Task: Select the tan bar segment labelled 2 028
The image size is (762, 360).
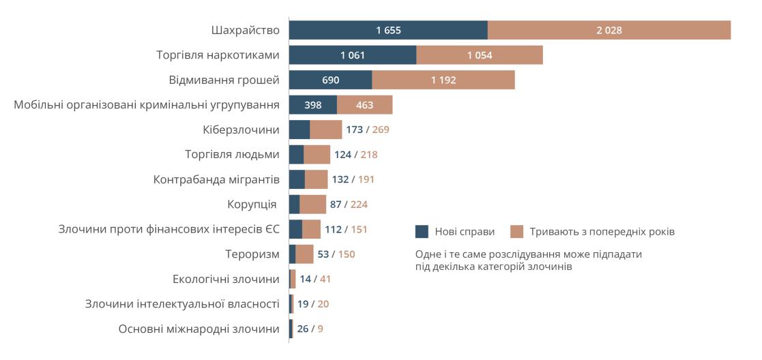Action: click(x=609, y=30)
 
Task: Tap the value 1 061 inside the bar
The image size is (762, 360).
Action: click(x=353, y=55)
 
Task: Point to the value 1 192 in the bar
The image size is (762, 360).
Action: click(x=443, y=80)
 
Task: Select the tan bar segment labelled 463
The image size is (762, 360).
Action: click(x=364, y=105)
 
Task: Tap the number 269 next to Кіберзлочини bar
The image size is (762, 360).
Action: click(x=381, y=130)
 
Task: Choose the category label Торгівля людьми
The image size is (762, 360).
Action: click(x=232, y=154)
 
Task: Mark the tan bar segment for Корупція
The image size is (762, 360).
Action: click(x=312, y=204)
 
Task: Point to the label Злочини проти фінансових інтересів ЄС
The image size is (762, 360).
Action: click(x=169, y=229)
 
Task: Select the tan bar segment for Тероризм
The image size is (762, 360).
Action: click(x=304, y=254)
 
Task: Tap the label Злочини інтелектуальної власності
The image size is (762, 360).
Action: click(x=182, y=303)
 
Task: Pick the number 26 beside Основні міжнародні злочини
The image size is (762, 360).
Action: click(x=303, y=329)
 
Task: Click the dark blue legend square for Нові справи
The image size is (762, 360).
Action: click(x=422, y=231)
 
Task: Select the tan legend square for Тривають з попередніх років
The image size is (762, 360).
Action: click(x=516, y=231)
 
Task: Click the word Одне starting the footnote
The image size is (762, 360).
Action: click(x=428, y=254)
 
